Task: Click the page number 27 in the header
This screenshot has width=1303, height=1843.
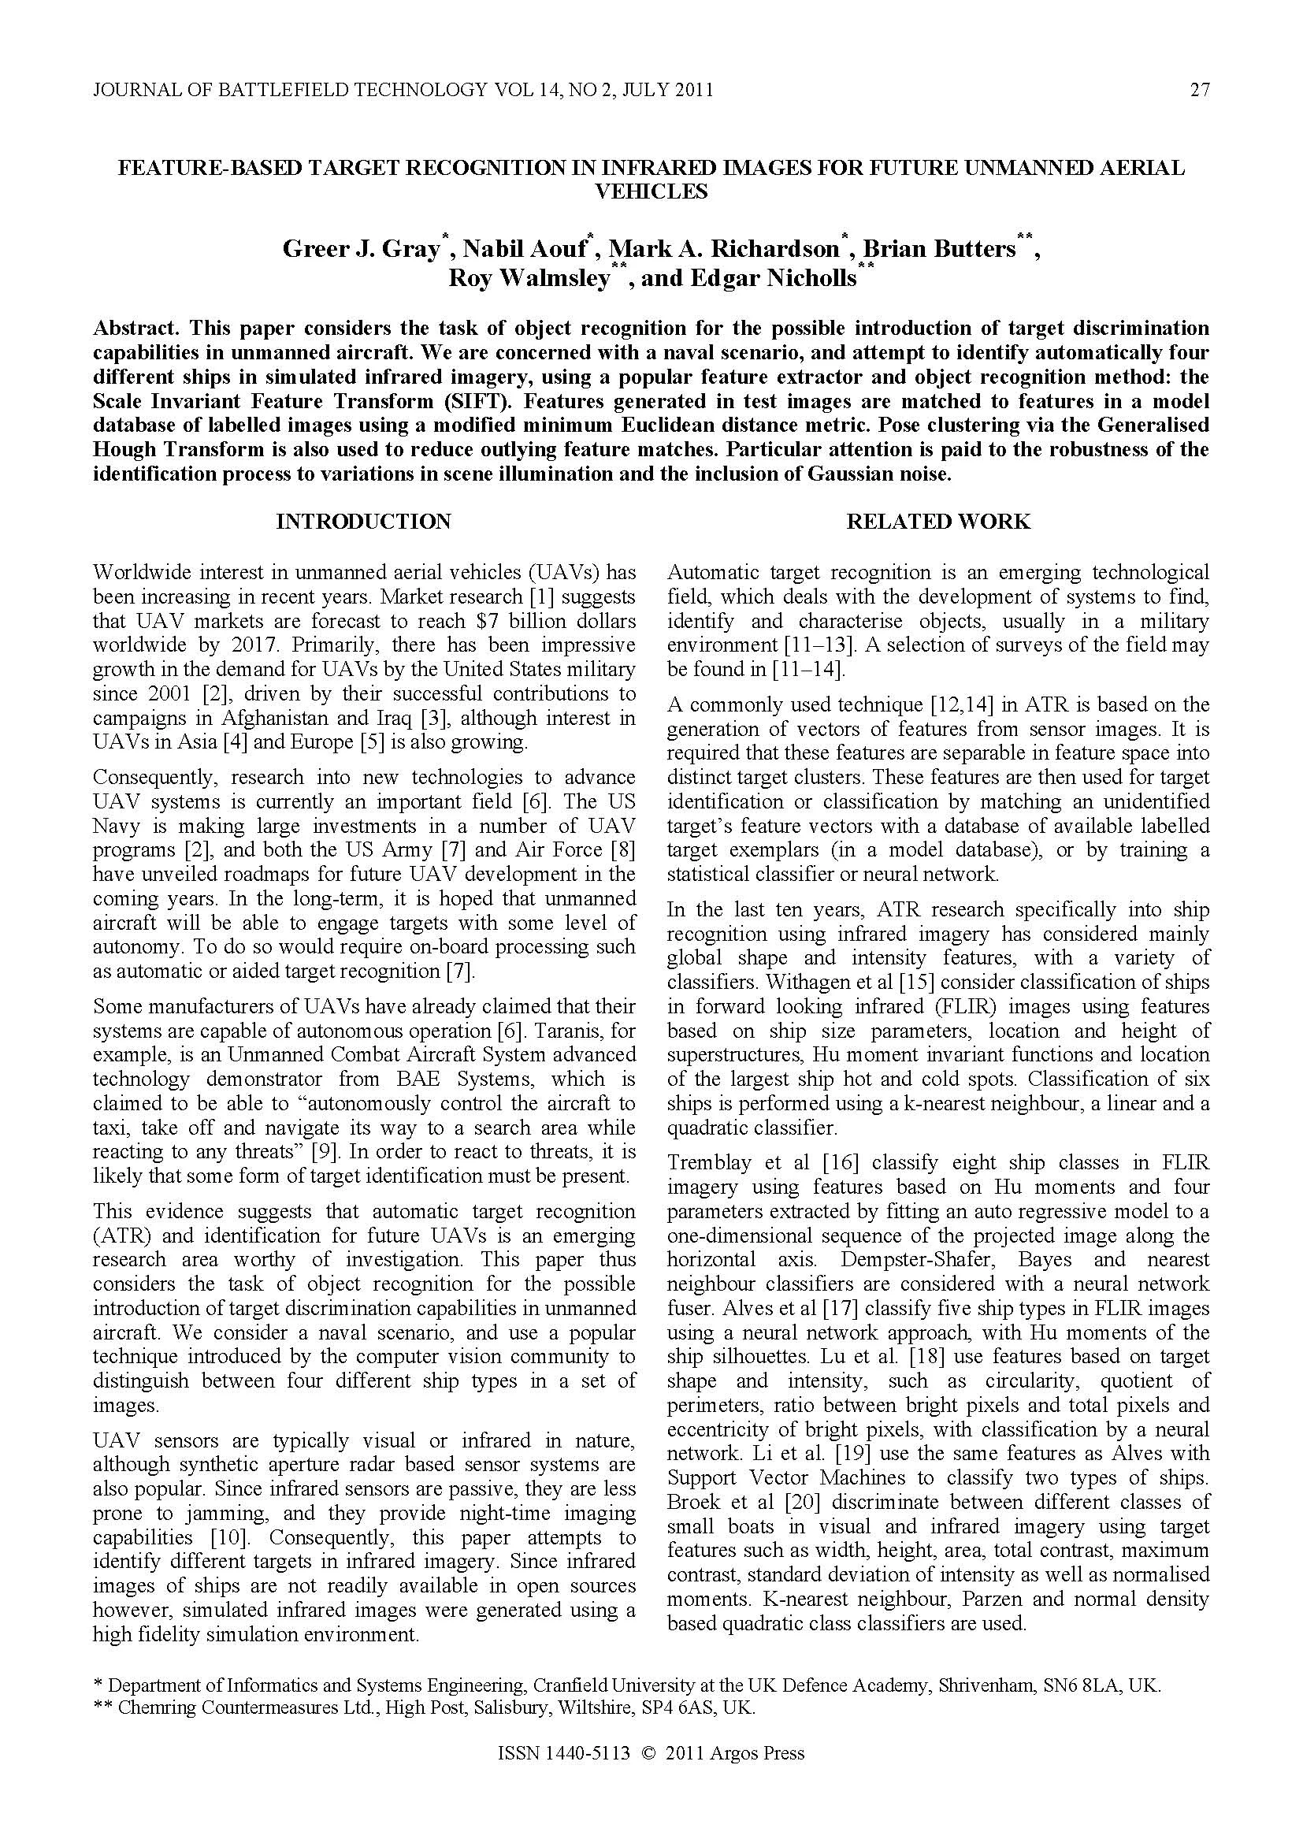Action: [1199, 90]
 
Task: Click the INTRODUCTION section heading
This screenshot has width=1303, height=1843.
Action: [363, 522]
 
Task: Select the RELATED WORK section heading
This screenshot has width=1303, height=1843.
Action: [938, 522]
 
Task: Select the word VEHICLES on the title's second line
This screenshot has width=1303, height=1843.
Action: [651, 191]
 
